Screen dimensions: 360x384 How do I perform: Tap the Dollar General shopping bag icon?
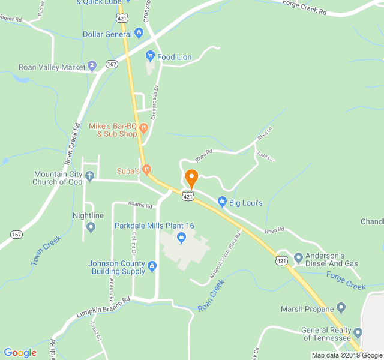point(139,33)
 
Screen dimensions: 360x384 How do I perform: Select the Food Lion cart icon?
point(151,57)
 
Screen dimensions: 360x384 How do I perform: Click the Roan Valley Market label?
point(52,67)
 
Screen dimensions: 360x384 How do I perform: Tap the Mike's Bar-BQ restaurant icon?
point(143,127)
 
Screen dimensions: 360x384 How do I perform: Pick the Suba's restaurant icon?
point(146,171)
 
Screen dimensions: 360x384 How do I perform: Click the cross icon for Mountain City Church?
point(90,176)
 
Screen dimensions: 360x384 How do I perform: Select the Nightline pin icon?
point(91,227)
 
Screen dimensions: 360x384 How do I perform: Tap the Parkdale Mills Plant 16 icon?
point(181,238)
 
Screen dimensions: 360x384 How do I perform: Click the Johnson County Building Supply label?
point(117,267)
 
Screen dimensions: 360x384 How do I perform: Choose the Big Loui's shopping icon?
point(222,202)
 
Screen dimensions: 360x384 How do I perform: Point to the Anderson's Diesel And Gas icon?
point(298,257)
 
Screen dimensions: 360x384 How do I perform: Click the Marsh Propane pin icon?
point(341,309)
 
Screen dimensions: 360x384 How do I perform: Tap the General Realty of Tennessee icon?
point(358,332)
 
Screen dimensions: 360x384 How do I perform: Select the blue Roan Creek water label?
point(211,295)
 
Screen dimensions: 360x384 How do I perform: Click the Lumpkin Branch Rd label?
point(103,307)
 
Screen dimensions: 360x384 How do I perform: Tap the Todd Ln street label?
point(265,156)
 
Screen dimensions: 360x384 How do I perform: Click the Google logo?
point(20,353)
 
